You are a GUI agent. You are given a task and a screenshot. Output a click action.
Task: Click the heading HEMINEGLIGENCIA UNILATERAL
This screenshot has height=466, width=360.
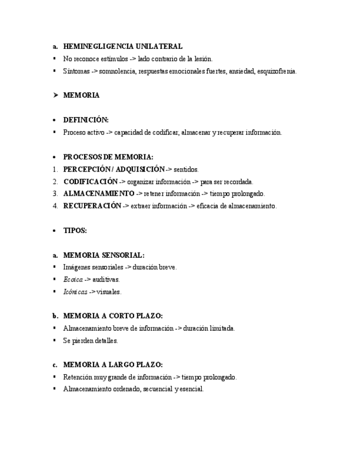[123, 47]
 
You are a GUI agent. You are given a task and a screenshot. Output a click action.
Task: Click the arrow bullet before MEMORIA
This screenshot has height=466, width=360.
[55, 95]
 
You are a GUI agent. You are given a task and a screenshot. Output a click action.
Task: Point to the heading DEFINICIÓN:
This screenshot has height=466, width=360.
[86, 120]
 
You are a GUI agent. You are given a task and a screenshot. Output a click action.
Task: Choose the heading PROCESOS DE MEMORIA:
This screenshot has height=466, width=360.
[108, 157]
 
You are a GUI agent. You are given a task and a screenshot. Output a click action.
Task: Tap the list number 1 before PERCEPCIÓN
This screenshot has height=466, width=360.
[55, 169]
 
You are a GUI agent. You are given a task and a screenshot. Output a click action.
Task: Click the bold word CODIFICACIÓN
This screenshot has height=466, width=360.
[90, 181]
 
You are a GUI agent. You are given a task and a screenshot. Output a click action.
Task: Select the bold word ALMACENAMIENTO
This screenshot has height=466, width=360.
[98, 193]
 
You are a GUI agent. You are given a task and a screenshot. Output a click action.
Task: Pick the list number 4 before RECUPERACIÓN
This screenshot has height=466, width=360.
[55, 206]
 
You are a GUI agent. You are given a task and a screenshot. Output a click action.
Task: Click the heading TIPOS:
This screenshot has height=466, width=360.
[75, 231]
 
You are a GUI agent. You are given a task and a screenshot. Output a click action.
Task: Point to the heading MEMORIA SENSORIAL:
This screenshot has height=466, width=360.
[104, 255]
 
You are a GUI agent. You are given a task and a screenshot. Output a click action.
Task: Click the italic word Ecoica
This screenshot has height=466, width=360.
[73, 280]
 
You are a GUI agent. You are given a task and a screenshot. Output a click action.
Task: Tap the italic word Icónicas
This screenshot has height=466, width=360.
[75, 292]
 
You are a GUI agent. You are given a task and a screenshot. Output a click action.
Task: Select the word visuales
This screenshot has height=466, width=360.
[109, 292]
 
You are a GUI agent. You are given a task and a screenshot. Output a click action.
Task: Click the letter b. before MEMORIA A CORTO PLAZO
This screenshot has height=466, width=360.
[55, 316]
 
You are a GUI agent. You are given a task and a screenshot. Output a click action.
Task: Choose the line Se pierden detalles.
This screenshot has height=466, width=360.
[90, 341]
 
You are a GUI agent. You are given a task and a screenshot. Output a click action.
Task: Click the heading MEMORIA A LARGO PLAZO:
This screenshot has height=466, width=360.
[113, 365]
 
